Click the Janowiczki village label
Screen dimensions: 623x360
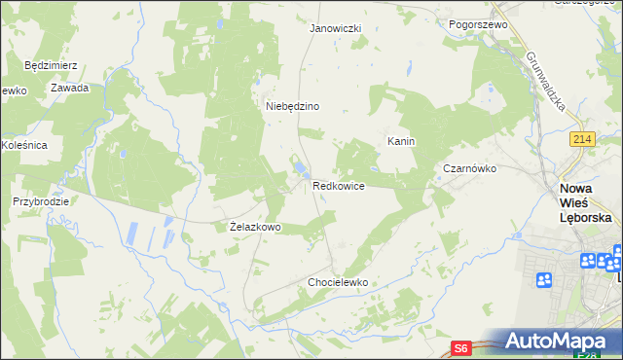click(335, 28)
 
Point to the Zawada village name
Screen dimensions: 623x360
click(71, 88)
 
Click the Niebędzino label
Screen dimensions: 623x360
click(293, 106)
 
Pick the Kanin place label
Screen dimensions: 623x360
click(401, 141)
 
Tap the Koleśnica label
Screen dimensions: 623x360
click(24, 145)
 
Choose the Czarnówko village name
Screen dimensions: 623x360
click(470, 168)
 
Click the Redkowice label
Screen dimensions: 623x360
click(339, 185)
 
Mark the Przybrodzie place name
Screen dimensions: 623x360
click(40, 201)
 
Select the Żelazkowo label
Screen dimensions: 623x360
click(255, 227)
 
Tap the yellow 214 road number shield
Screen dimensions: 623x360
click(582, 140)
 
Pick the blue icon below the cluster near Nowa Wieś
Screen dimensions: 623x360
click(544, 280)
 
